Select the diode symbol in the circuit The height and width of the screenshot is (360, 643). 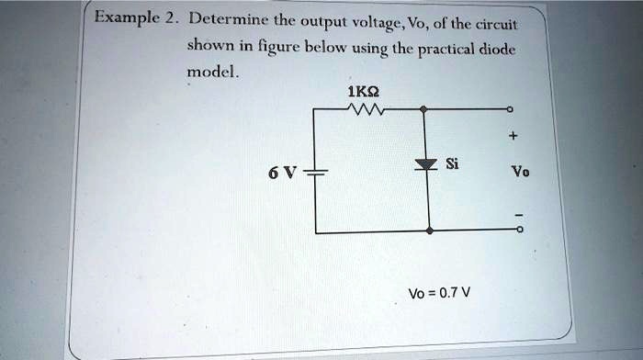click(423, 165)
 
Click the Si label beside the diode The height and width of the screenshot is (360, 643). click(452, 164)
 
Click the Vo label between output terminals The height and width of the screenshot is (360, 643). click(520, 172)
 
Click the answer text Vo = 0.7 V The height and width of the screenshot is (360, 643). click(440, 294)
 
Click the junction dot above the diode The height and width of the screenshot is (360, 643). click(423, 109)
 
